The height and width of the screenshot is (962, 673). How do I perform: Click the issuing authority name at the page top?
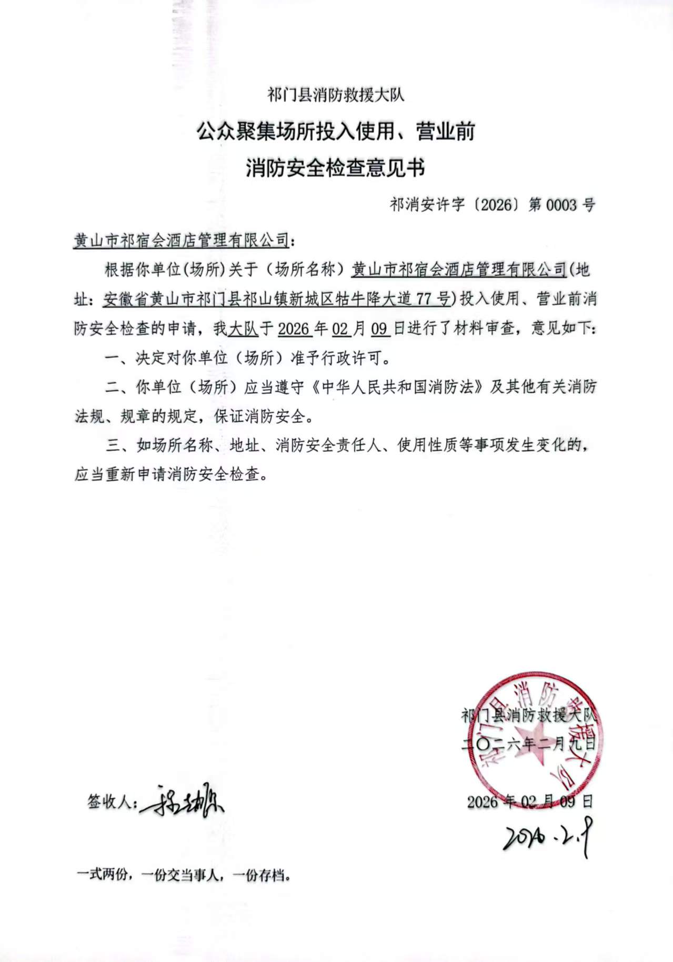[336, 95]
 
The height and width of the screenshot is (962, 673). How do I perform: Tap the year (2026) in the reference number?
[496, 204]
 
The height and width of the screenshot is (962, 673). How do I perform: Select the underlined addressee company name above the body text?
[182, 241]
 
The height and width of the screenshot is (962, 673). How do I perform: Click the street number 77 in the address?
[425, 299]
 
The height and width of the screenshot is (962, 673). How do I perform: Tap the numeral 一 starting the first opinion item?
[113, 359]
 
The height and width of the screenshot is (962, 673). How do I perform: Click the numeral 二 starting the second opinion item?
[113, 388]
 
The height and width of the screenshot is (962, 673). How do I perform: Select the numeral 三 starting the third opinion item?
[113, 446]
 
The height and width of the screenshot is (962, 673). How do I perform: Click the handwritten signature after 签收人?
[182, 801]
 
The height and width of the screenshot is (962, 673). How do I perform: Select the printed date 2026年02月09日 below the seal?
[529, 801]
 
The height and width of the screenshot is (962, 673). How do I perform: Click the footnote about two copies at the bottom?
[184, 876]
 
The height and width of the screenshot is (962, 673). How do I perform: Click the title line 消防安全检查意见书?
[336, 168]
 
